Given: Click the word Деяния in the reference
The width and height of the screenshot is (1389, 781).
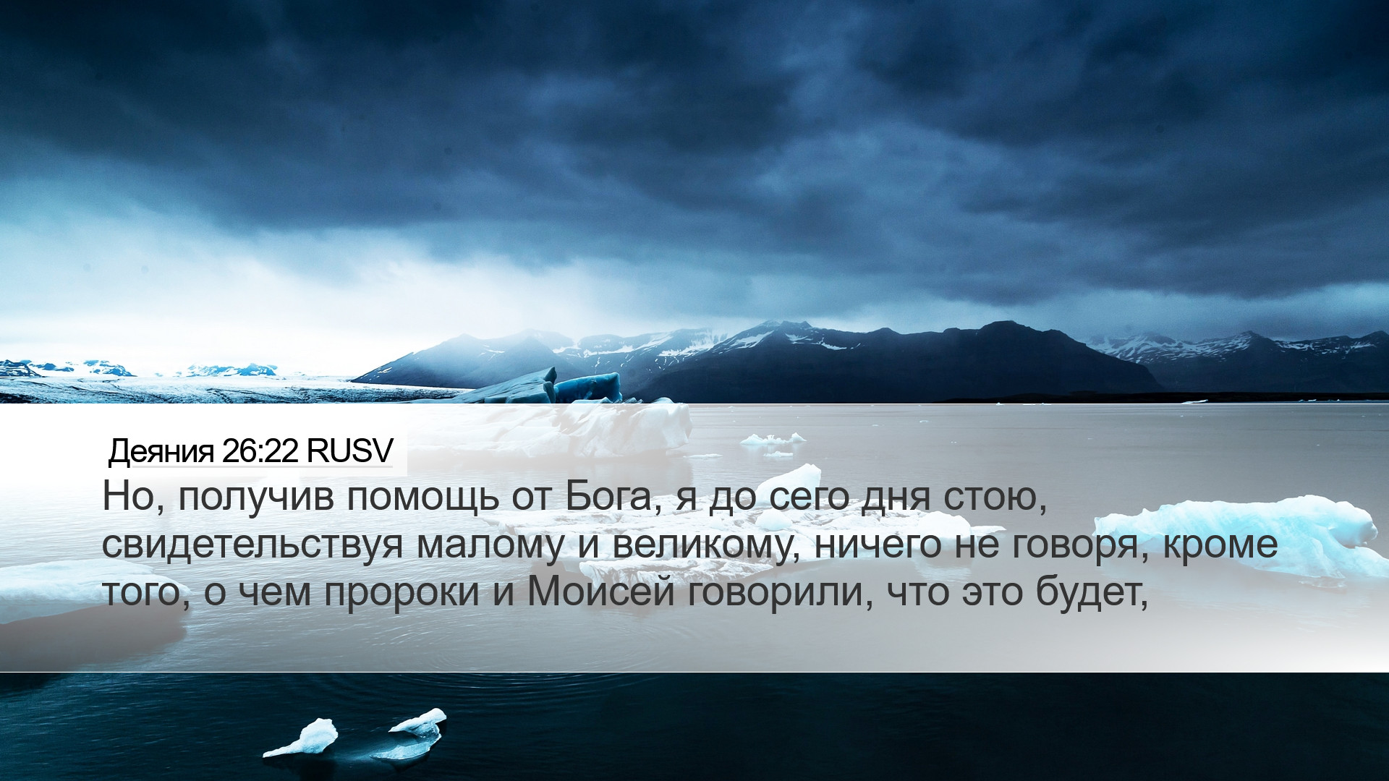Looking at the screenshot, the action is (161, 452).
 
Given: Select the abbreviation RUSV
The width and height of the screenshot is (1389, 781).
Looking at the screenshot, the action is (349, 451).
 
